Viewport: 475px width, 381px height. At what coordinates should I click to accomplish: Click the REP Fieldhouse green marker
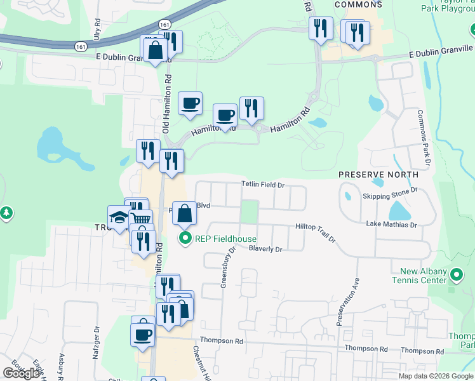pyautogui.click(x=185, y=239)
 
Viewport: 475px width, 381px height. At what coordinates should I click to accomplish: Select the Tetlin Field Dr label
pyautogui.click(x=262, y=184)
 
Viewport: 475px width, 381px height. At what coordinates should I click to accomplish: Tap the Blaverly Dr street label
pyautogui.click(x=265, y=249)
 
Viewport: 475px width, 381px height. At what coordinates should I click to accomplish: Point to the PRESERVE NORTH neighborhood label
pyautogui.click(x=378, y=174)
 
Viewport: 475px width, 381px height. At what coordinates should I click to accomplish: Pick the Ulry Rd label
pyautogui.click(x=97, y=30)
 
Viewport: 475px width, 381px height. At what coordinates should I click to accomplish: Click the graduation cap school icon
pyautogui.click(x=119, y=217)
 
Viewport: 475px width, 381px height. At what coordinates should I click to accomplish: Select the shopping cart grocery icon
pyautogui.click(x=141, y=221)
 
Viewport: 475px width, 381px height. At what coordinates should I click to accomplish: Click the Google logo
pyautogui.click(x=20, y=373)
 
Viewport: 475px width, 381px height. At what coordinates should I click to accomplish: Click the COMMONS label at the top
pyautogui.click(x=358, y=4)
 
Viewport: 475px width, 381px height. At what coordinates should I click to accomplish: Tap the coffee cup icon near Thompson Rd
pyautogui.click(x=142, y=333)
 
